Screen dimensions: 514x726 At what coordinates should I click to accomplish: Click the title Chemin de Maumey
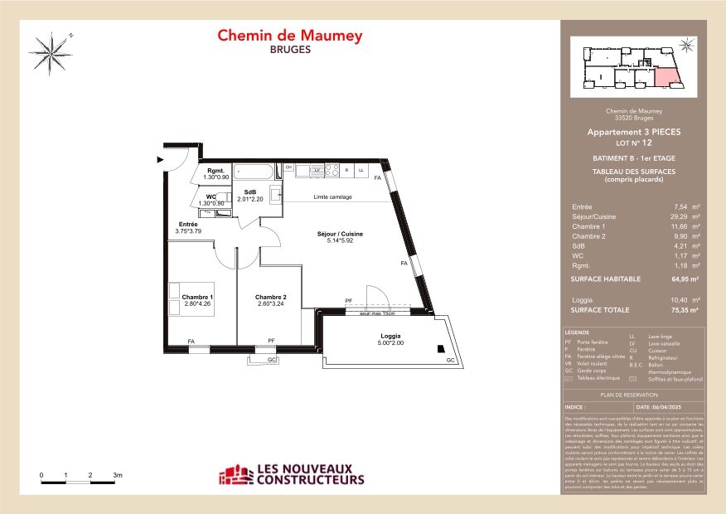tap(289, 36)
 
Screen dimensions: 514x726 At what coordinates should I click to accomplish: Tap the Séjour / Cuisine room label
tap(340, 235)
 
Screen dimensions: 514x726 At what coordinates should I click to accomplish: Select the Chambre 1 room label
tap(197, 297)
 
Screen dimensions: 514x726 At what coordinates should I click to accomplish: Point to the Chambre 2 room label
tap(270, 297)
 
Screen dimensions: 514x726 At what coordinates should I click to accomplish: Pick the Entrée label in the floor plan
tap(188, 225)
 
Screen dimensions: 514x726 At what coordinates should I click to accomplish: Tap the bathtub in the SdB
tap(254, 172)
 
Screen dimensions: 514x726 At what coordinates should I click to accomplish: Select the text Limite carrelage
tap(332, 197)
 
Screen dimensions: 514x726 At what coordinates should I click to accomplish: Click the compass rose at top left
tap(52, 52)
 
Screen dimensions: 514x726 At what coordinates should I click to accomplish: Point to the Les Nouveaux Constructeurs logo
tap(291, 474)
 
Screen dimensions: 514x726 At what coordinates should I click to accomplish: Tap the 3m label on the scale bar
tap(118, 475)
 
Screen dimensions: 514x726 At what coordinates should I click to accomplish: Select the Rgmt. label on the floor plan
tap(216, 172)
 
